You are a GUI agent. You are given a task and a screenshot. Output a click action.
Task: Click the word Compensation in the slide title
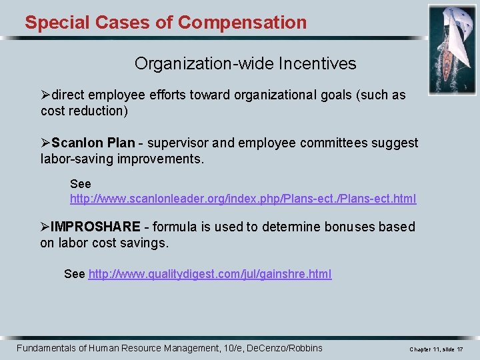243,23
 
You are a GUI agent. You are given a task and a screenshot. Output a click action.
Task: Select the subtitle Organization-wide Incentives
245,64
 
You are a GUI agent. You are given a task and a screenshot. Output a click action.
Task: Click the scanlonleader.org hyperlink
243,199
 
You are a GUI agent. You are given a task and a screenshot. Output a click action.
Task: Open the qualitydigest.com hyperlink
209,274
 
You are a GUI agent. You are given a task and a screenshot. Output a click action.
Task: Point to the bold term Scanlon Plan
93,143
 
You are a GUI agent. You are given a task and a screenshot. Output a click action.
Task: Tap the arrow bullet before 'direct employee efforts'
46,95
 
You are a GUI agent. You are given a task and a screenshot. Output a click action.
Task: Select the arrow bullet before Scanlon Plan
46,143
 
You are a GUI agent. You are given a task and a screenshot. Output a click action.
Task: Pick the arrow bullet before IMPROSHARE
45,227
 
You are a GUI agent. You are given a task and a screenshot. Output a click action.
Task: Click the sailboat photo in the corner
451,49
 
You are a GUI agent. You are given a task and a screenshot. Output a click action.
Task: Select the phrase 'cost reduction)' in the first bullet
84,111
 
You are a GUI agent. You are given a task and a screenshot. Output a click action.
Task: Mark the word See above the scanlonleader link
80,183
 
